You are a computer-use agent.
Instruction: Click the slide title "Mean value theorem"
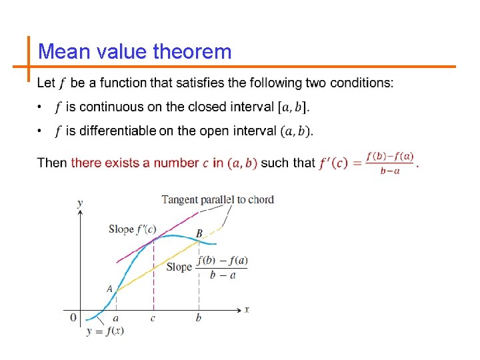pyautogui.click(x=135, y=51)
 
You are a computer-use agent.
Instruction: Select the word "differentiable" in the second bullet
pyautogui.click(x=117, y=131)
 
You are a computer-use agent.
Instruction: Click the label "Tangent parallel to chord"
pyautogui.click(x=217, y=199)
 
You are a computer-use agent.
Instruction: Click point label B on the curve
pyautogui.click(x=199, y=233)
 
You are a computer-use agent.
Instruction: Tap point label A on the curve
pyautogui.click(x=109, y=289)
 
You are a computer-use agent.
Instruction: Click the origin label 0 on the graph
pyautogui.click(x=73, y=317)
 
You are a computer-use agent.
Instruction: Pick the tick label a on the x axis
pyautogui.click(x=116, y=318)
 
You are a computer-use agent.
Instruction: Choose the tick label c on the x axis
pyautogui.click(x=153, y=318)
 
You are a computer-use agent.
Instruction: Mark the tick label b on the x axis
pyautogui.click(x=199, y=318)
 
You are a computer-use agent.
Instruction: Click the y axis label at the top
pyautogui.click(x=80, y=202)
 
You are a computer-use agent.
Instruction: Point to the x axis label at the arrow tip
pyautogui.click(x=247, y=309)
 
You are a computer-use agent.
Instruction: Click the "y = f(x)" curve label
pyautogui.click(x=105, y=331)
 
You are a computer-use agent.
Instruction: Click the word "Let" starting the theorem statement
pyautogui.click(x=46, y=83)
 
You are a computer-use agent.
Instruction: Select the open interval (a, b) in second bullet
pyautogui.click(x=295, y=131)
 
